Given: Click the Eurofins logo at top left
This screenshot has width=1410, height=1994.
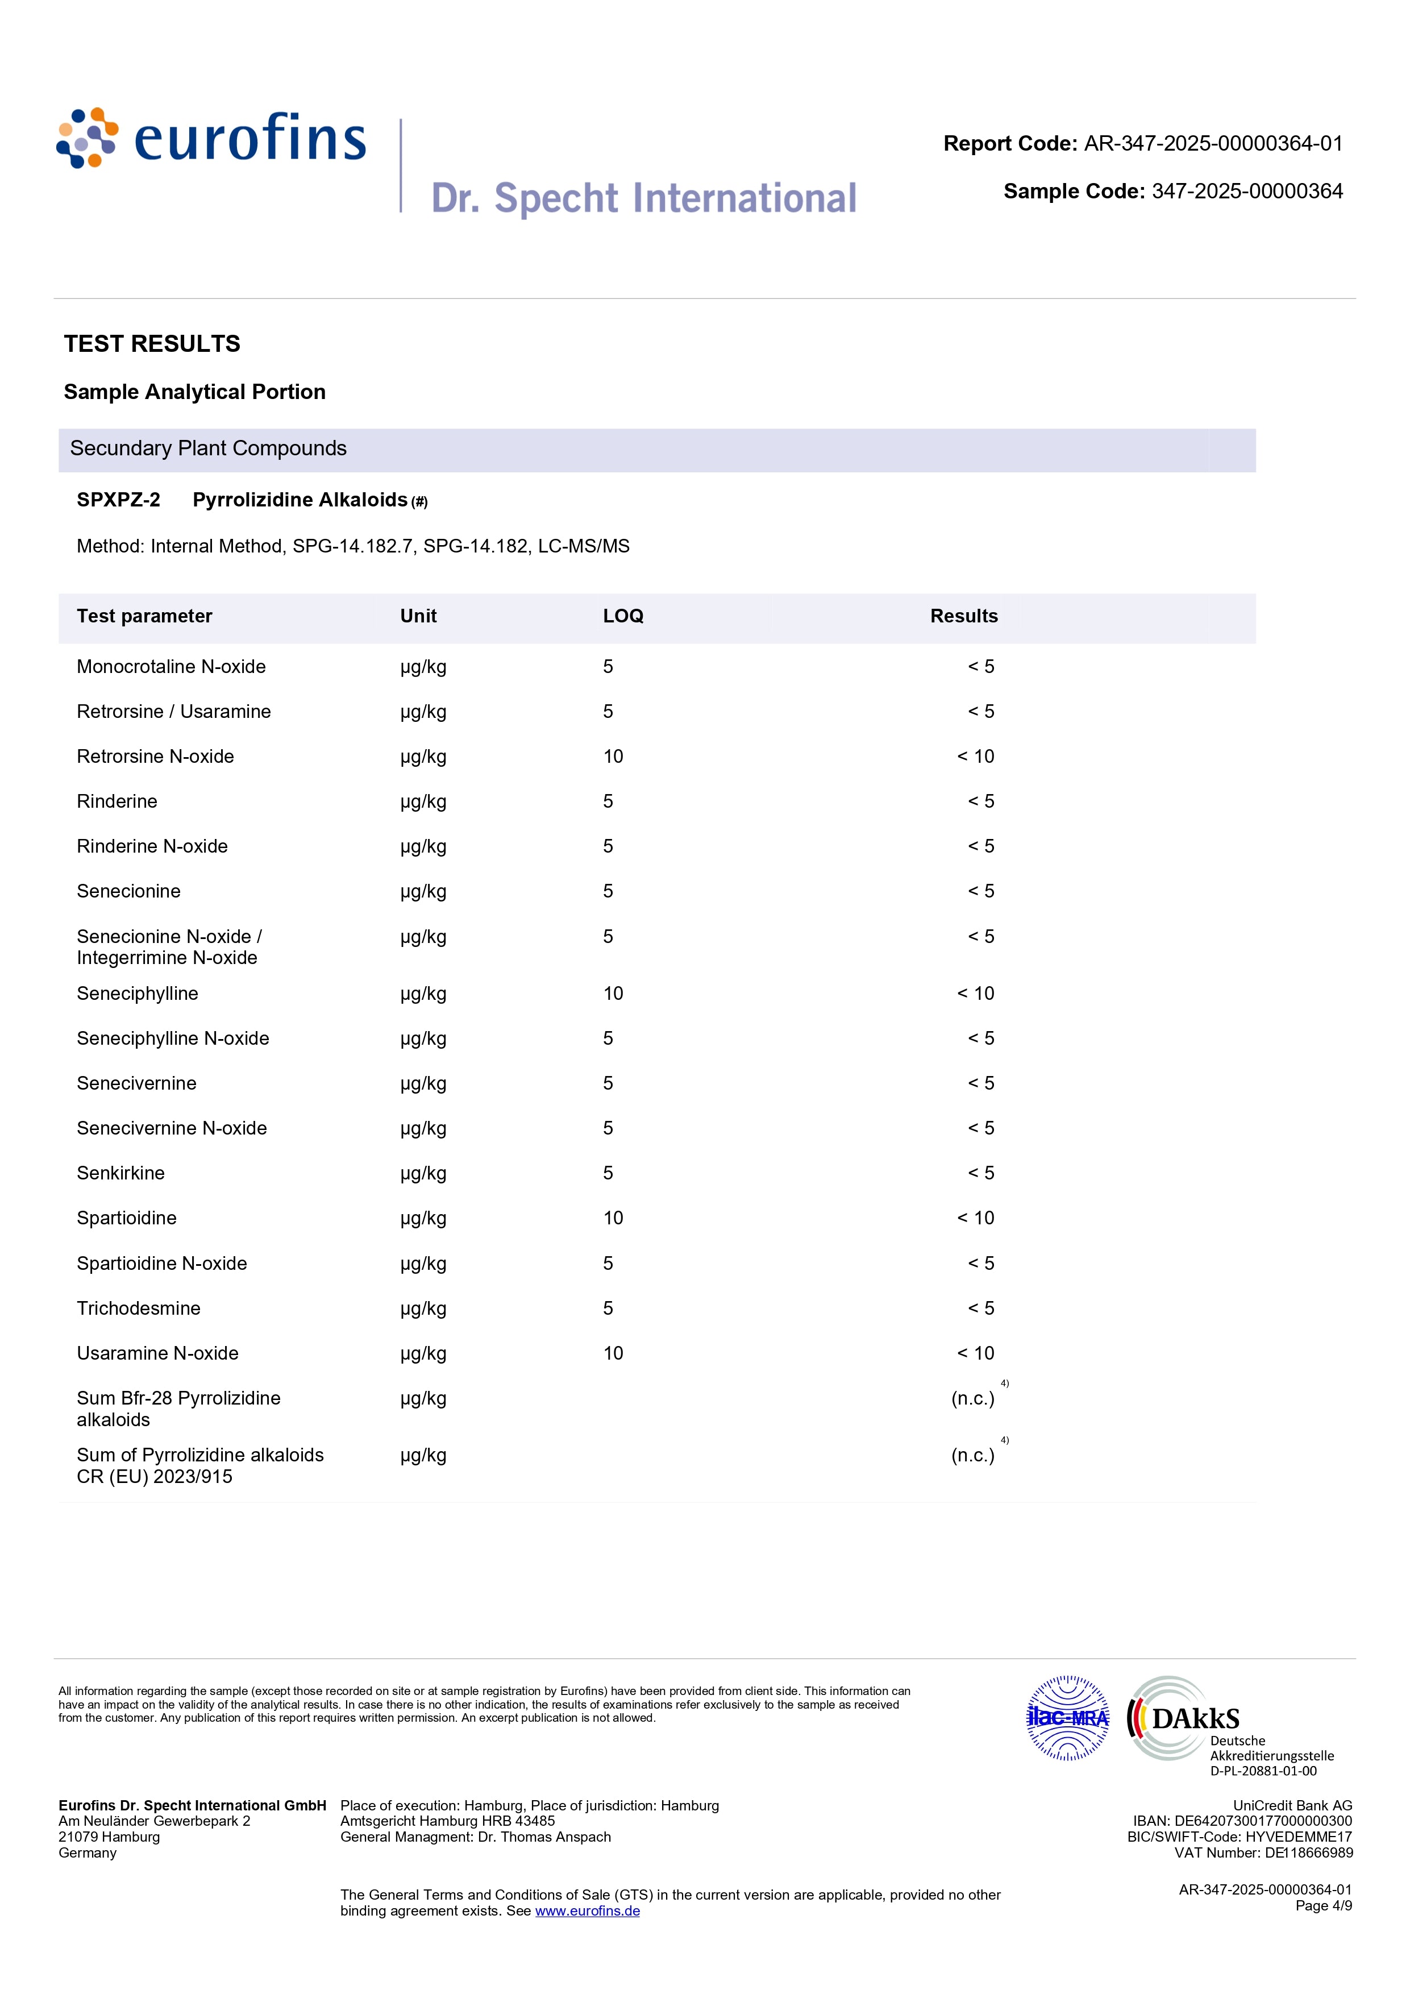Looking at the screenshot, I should [211, 139].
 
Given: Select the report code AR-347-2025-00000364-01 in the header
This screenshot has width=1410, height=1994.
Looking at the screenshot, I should [1213, 144].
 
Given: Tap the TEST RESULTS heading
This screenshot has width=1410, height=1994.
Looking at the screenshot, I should [152, 344].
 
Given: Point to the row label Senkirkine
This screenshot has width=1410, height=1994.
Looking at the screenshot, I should [120, 1173].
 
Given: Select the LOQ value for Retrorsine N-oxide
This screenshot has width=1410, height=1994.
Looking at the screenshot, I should [613, 757].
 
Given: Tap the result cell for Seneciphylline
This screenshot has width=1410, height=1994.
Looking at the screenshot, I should [975, 994].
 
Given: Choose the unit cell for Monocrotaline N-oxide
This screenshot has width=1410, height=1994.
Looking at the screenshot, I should [423, 667].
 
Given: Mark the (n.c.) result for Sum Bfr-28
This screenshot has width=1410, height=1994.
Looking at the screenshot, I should [972, 1398].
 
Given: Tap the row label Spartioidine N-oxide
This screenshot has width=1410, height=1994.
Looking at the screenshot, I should [161, 1264].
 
